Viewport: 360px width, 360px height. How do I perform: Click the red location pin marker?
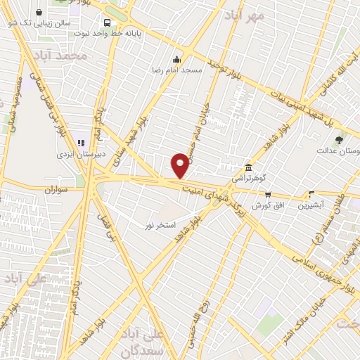click(181, 166)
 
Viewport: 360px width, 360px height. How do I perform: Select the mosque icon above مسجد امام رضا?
click(177, 59)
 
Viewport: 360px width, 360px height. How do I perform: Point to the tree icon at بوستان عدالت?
click(340, 140)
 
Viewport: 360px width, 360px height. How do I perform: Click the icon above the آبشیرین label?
click(311, 194)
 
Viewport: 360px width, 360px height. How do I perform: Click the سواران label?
click(59, 190)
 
